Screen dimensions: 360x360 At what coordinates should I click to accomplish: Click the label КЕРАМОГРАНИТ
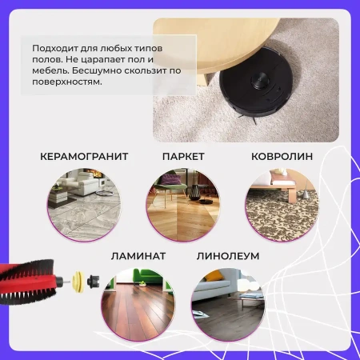pyautogui.click(x=84, y=157)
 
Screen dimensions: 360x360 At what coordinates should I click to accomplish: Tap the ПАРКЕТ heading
pyautogui.click(x=183, y=157)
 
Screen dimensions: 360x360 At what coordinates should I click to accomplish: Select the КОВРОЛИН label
pyautogui.click(x=282, y=157)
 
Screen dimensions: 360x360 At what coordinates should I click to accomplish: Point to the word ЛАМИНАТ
pyautogui.click(x=138, y=256)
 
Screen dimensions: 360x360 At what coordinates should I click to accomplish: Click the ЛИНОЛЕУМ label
pyautogui.click(x=228, y=256)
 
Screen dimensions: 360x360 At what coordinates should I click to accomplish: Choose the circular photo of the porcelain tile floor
pyautogui.click(x=84, y=205)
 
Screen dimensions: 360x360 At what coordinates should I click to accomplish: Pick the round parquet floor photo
pyautogui.click(x=183, y=205)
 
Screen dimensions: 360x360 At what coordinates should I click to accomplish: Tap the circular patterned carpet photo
pyautogui.click(x=282, y=205)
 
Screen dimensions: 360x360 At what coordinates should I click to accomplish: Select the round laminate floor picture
pyautogui.click(x=138, y=304)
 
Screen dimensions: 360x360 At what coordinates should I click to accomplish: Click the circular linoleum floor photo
pyautogui.click(x=228, y=304)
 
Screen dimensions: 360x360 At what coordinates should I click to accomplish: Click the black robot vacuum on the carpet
pyautogui.click(x=255, y=82)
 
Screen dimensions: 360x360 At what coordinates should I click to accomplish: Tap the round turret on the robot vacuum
pyautogui.click(x=260, y=81)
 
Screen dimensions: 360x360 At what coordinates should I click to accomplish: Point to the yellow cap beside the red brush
pyautogui.click(x=78, y=282)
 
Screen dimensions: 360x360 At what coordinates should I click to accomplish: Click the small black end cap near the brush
pyautogui.click(x=94, y=282)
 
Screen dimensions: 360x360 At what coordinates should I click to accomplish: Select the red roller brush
pyautogui.click(x=30, y=282)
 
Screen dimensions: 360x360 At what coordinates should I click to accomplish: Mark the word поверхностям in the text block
pyautogui.click(x=67, y=82)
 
